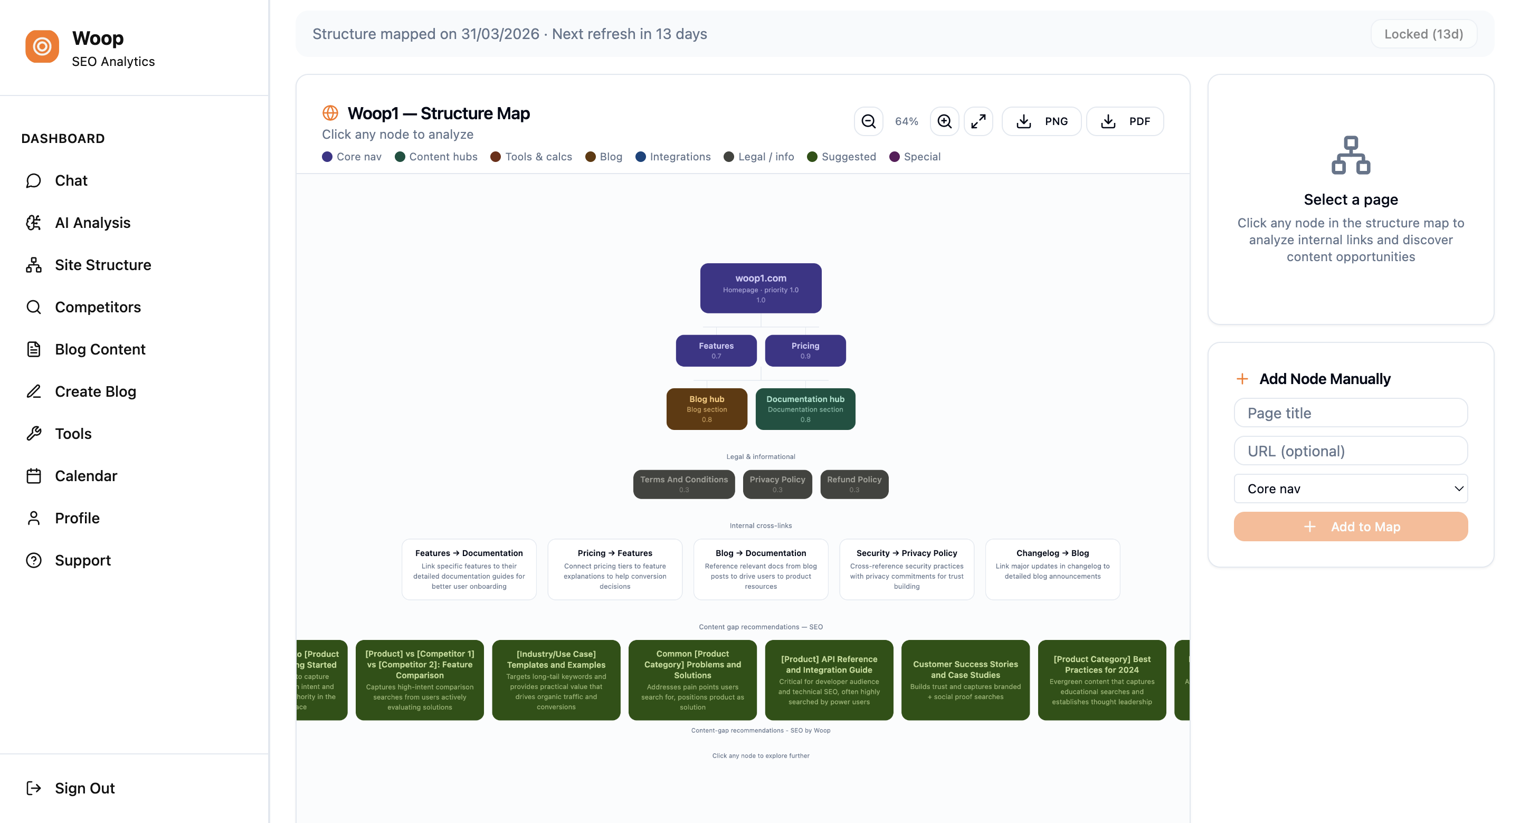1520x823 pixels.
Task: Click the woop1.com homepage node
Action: point(760,288)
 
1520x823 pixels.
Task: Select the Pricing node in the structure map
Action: point(805,350)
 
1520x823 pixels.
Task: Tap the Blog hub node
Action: point(706,409)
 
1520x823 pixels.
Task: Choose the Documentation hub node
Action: point(805,409)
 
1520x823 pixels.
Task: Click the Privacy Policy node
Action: point(777,484)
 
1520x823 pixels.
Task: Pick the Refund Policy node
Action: point(854,484)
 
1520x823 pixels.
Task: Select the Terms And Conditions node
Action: point(683,484)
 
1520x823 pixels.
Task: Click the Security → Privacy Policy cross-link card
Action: point(906,569)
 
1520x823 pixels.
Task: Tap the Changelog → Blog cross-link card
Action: point(1052,569)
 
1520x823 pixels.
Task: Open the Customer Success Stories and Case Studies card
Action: point(965,680)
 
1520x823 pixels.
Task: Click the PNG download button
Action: point(1041,121)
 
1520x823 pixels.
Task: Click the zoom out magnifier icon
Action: point(868,121)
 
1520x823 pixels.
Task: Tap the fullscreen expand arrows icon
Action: point(978,121)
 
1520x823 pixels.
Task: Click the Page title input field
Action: point(1350,413)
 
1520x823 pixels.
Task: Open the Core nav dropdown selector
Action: point(1350,489)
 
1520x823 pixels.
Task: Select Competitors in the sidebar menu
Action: point(97,307)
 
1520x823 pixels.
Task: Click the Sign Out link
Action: point(84,788)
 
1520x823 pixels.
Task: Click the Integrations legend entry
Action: point(673,157)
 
